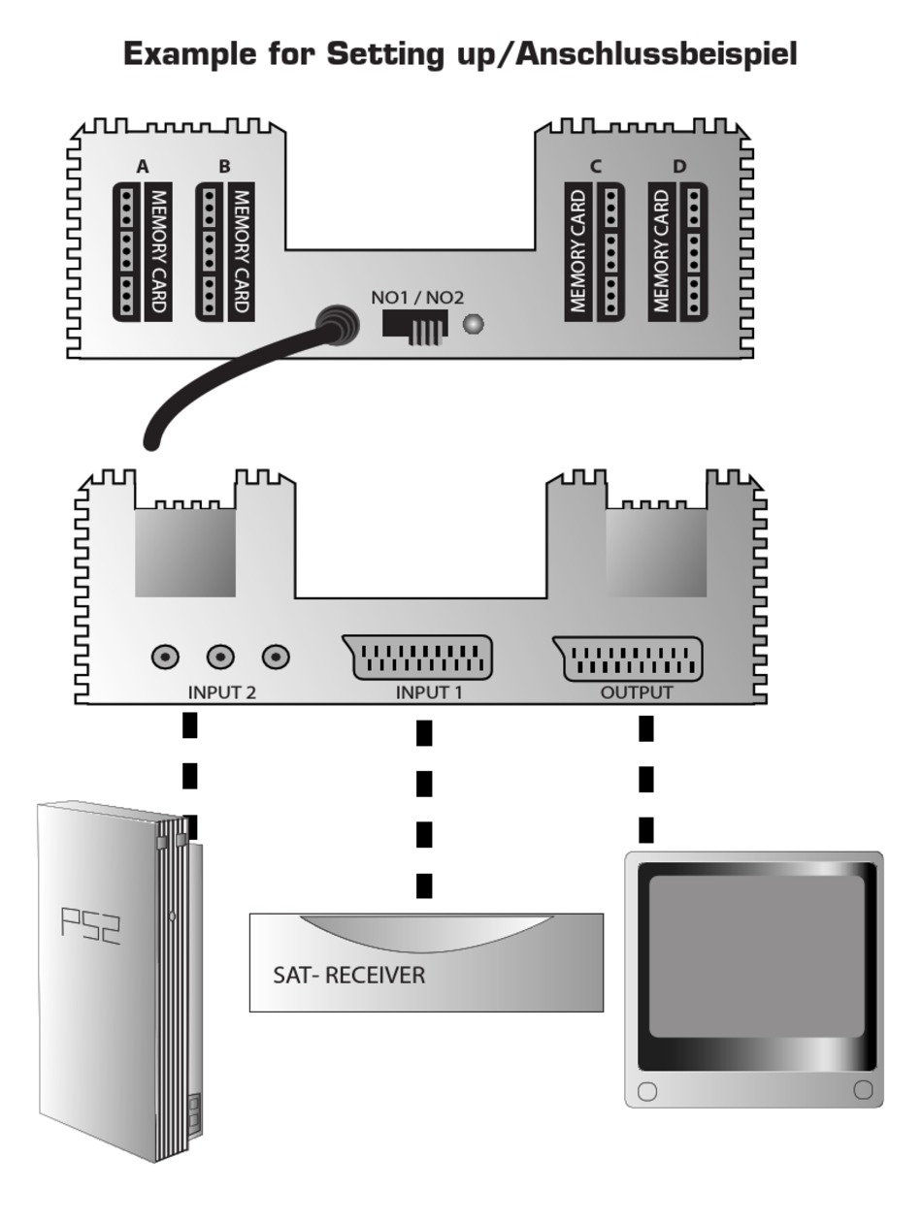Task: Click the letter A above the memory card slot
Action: pos(143,166)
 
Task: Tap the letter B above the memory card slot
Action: pos(224,166)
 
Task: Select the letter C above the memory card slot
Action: pos(595,166)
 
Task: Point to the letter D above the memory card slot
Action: pos(679,166)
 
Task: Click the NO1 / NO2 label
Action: pos(417,298)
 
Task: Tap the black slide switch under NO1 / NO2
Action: pos(415,327)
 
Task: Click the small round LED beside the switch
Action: pos(473,324)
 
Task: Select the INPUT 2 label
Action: pos(221,692)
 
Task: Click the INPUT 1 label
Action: pos(429,692)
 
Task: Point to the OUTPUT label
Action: pos(637,692)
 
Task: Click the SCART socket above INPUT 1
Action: pos(417,657)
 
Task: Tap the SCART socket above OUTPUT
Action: pos(628,659)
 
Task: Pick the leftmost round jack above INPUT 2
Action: pos(165,657)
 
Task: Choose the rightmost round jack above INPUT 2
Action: pos(276,657)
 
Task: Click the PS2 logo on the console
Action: pos(90,926)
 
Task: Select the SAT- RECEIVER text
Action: pos(348,975)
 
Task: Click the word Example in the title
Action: pos(190,54)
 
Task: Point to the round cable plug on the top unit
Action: pos(337,325)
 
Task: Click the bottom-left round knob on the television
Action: pos(646,1091)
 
